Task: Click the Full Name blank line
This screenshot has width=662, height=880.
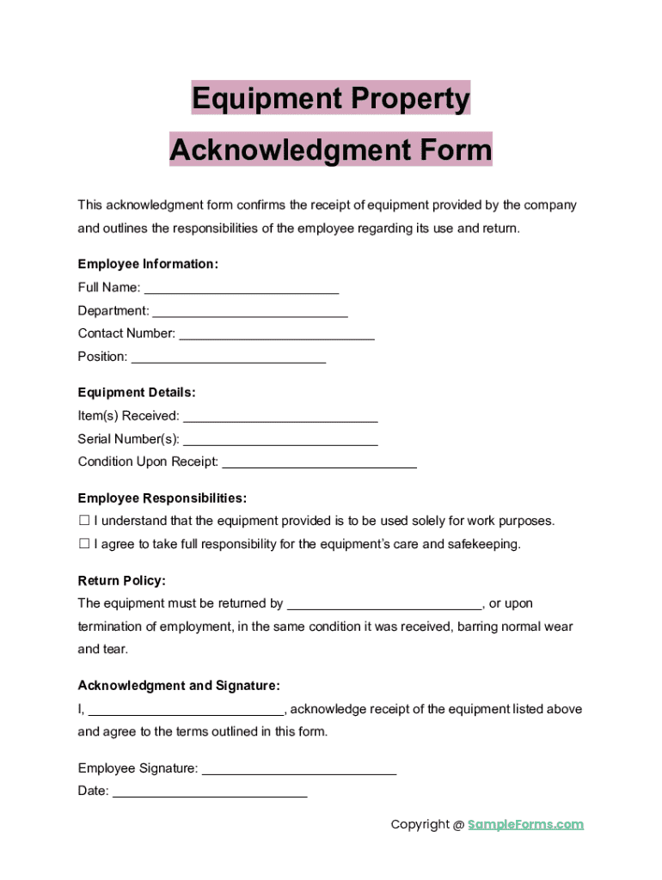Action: coord(242,289)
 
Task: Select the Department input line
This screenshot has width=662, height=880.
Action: coord(250,312)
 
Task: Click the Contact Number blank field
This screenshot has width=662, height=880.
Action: coord(277,334)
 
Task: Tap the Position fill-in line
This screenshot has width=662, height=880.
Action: coord(229,357)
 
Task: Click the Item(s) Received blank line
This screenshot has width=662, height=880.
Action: coord(281,417)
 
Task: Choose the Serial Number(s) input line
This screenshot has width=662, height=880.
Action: coord(281,440)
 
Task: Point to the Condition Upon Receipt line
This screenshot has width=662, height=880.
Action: coord(320,463)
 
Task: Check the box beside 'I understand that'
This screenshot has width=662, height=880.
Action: coord(84,521)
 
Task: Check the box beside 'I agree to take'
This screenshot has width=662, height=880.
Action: coord(84,544)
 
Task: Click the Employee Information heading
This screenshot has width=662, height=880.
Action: coord(148,265)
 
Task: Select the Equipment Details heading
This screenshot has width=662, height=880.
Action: coord(137,393)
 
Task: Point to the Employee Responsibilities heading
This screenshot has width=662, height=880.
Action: coord(162,498)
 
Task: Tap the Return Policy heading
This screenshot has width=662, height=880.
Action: coord(122,581)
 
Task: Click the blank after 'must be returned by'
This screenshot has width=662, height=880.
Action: coord(384,604)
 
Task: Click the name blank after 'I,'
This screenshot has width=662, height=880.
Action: coord(187,711)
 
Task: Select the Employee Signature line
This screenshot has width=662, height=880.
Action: coord(299,769)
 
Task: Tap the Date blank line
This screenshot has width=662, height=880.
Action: coord(210,792)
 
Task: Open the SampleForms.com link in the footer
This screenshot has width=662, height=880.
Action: coord(525,825)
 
